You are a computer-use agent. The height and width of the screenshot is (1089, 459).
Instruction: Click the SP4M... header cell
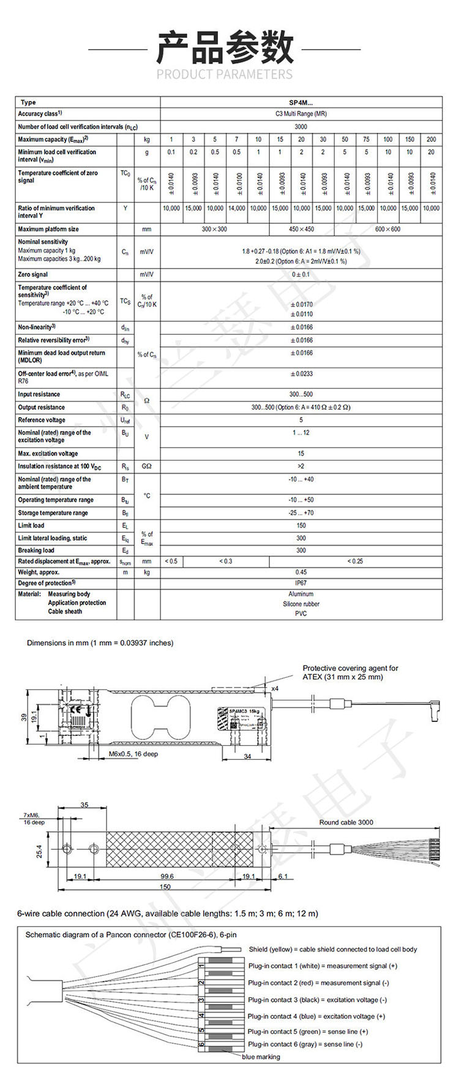pyautogui.click(x=301, y=103)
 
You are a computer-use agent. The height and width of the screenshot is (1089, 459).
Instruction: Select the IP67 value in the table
pyautogui.click(x=301, y=583)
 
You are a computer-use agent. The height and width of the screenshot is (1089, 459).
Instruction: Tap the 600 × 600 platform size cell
pyautogui.click(x=388, y=229)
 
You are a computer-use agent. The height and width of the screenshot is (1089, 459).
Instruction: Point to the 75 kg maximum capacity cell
pyautogui.click(x=367, y=139)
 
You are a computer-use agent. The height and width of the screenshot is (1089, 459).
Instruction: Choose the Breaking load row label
pyautogui.click(x=36, y=550)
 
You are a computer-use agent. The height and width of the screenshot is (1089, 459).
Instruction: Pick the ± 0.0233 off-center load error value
pyautogui.click(x=301, y=374)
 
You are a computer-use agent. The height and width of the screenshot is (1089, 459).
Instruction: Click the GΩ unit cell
pyautogui.click(x=147, y=466)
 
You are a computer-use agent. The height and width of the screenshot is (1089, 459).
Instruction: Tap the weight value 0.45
pyautogui.click(x=301, y=573)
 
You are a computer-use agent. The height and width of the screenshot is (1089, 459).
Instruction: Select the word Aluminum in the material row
pyautogui.click(x=301, y=594)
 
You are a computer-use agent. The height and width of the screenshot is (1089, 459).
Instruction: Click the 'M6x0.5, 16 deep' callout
pyautogui.click(x=133, y=754)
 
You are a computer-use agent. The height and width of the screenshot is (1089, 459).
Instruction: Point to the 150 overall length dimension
pyautogui.click(x=165, y=886)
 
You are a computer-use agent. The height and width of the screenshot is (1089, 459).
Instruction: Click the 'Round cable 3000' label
pyautogui.click(x=346, y=822)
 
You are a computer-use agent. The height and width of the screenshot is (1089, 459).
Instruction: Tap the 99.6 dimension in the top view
pyautogui.click(x=166, y=876)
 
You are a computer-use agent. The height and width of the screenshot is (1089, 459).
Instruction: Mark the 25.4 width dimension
pyautogui.click(x=39, y=851)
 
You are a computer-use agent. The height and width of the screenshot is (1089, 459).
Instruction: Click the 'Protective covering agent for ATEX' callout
pyautogui.click(x=350, y=672)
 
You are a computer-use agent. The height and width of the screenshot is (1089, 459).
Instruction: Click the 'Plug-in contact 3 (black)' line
pyautogui.click(x=317, y=1000)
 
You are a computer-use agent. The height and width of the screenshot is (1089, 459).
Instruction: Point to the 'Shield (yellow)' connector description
pyautogui.click(x=332, y=949)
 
